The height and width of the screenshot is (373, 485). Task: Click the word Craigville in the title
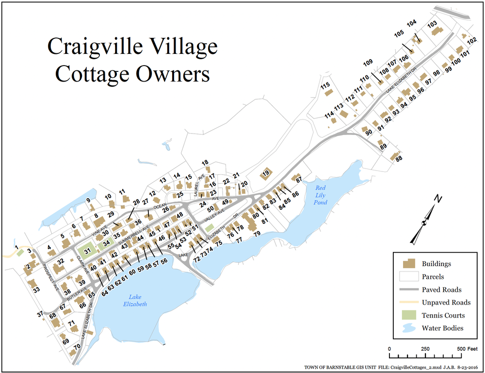pos(102,47)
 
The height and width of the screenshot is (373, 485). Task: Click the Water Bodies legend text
pos(442,328)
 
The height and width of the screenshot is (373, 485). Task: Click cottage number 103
pos(432,24)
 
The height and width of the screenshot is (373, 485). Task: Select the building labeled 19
pos(265,174)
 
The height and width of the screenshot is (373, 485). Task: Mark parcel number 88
pos(399,158)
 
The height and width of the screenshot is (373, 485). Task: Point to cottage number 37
pos(40,314)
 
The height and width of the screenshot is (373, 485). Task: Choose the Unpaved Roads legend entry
pos(445,302)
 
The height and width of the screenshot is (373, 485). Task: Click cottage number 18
pos(205,163)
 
